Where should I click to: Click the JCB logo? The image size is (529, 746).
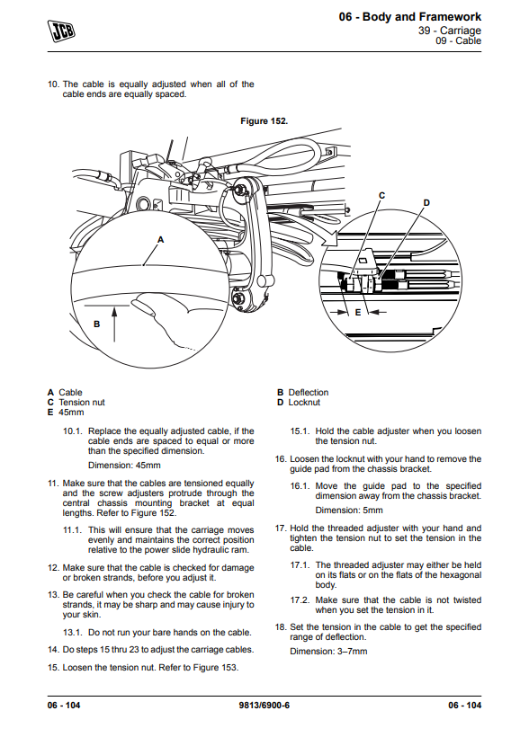[61, 31]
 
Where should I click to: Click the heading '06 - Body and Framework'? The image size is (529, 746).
[410, 17]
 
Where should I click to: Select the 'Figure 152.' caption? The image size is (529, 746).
[264, 120]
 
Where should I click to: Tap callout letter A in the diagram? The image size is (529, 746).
[160, 240]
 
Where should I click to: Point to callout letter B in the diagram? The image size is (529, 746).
[96, 324]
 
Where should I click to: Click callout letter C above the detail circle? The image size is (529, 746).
[381, 195]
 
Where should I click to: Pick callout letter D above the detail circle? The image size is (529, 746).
[426, 202]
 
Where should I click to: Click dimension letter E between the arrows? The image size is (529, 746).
[358, 313]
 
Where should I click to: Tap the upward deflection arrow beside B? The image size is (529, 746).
[114, 324]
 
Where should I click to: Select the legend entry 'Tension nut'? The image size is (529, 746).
[82, 402]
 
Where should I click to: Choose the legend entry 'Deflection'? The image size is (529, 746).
[309, 393]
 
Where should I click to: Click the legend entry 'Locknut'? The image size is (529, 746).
[304, 402]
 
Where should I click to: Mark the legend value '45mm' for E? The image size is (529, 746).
[71, 412]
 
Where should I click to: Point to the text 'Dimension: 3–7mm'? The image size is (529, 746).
[328, 652]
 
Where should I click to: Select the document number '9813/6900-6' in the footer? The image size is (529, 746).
[264, 705]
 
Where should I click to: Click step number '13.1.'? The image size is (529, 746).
[72, 632]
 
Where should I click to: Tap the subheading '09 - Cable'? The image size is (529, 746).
[459, 41]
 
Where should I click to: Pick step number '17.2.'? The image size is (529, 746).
[300, 599]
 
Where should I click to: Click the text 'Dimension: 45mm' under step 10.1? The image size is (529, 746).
[124, 466]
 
